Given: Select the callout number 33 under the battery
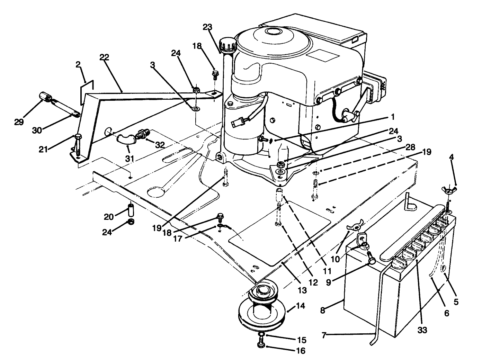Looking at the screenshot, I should tap(421, 330).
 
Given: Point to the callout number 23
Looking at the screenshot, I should tap(208, 28).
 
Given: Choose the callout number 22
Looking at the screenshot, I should tap(104, 57).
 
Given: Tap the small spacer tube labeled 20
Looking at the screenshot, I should tap(131, 209).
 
